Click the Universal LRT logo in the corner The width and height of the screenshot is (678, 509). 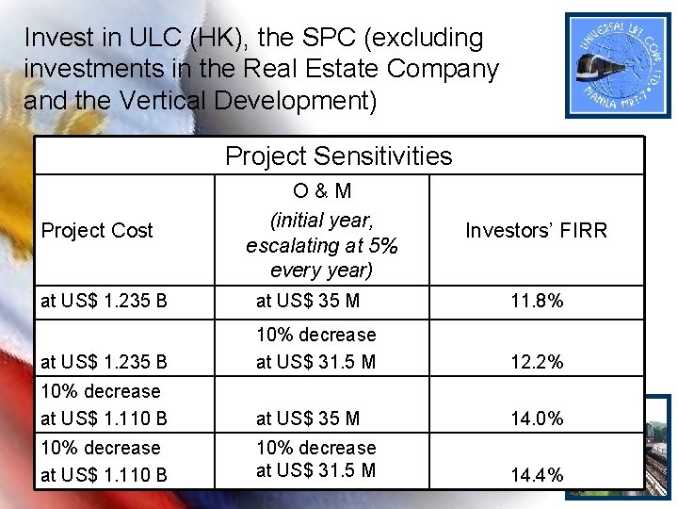[620, 64]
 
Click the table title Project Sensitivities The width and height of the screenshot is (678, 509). [339, 156]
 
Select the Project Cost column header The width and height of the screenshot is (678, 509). [98, 231]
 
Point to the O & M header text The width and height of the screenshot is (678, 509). [322, 191]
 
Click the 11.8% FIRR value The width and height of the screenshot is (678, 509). [537, 302]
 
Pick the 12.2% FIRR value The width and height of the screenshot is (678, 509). [537, 362]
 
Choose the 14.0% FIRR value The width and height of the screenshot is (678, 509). [537, 419]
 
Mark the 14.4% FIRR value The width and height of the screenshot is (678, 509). [537, 475]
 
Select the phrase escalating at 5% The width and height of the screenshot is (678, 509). [322, 246]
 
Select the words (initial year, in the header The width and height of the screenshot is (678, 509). [322, 221]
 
